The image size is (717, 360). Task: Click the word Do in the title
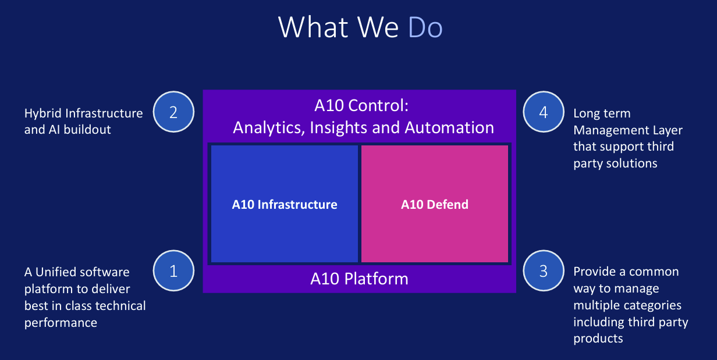point(425,27)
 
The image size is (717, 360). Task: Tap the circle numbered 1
point(173,270)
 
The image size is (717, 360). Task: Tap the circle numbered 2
point(173,112)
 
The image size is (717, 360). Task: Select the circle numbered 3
point(544,270)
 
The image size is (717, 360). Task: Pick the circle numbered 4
point(544,112)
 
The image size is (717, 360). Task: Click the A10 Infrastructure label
point(284,204)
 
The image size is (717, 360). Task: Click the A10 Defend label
point(435,204)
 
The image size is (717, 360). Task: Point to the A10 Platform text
point(359,279)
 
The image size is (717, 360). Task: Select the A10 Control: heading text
point(359,105)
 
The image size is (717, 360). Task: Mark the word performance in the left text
point(61,322)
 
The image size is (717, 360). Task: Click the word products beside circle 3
point(598,338)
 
